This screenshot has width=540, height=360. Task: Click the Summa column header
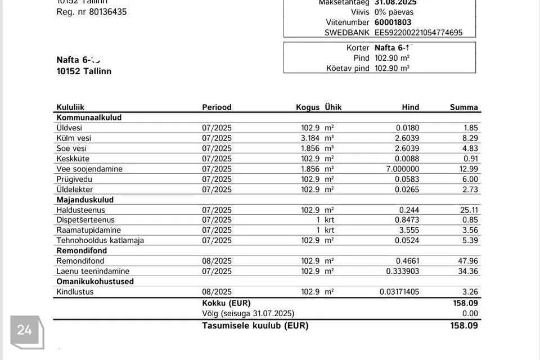[463, 107]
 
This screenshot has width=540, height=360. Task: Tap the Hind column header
[410, 107]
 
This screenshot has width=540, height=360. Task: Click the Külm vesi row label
[74, 138]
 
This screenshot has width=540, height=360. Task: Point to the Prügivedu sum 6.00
[470, 179]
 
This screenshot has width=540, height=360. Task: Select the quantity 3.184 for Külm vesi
[310, 138]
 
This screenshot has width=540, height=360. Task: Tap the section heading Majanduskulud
[85, 200]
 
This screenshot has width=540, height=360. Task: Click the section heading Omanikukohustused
[95, 281]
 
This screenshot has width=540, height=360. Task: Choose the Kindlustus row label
[75, 292]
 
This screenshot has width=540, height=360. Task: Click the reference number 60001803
[393, 22]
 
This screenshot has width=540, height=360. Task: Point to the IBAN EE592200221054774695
[418, 33]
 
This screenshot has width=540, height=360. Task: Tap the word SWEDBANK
[347, 33]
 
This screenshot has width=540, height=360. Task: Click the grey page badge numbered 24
[24, 330]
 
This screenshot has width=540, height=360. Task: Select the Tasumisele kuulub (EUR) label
[255, 325]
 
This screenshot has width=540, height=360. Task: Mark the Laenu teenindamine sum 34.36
[468, 271]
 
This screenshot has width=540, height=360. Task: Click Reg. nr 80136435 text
[91, 12]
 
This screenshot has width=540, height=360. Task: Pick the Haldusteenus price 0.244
[409, 210]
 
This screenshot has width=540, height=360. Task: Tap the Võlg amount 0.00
[470, 313]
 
